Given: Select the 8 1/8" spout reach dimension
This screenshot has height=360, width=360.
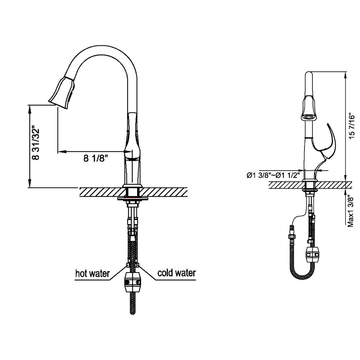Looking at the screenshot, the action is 95,158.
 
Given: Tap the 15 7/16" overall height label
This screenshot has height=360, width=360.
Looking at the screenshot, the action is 351,126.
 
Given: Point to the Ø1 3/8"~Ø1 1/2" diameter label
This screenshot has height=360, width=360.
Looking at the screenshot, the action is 273,175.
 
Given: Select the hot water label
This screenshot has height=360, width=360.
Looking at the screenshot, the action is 93,274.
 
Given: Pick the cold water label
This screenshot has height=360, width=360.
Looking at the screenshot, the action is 176,273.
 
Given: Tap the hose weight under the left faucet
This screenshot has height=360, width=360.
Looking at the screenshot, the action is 133,282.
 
